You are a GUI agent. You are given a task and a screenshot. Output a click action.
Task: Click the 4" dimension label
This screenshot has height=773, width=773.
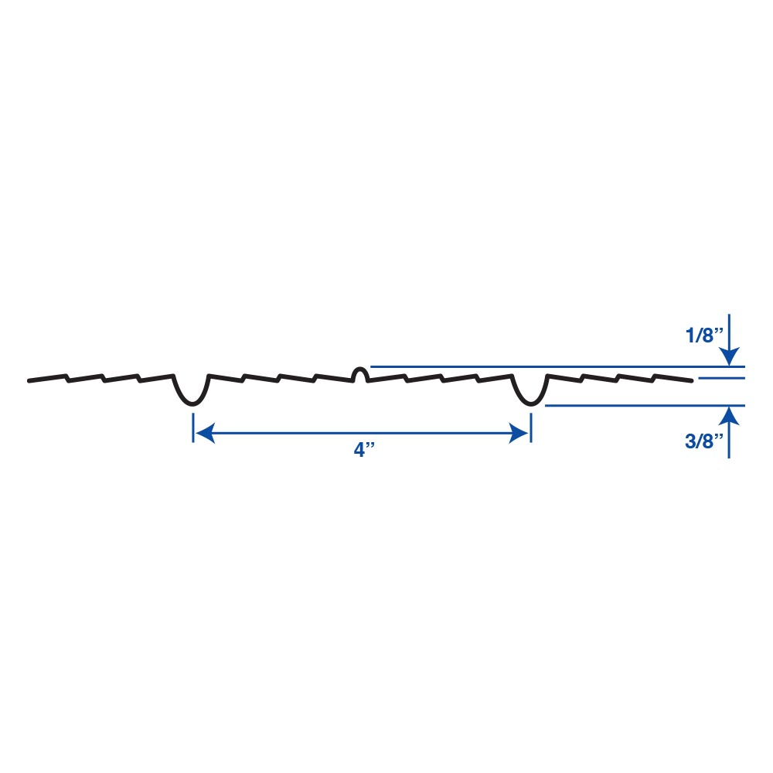tap(364, 450)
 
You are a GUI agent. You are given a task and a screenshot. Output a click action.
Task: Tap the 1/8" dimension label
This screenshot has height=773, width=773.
tap(704, 335)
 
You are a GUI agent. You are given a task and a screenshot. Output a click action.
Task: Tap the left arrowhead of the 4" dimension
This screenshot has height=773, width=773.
tap(205, 433)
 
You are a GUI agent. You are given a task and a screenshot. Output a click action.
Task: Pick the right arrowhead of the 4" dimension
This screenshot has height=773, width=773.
tap(519, 433)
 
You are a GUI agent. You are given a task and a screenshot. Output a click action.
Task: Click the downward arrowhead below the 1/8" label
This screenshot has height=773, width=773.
tap(729, 356)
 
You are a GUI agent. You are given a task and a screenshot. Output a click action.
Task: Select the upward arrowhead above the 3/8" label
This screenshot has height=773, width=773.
tap(729, 416)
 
